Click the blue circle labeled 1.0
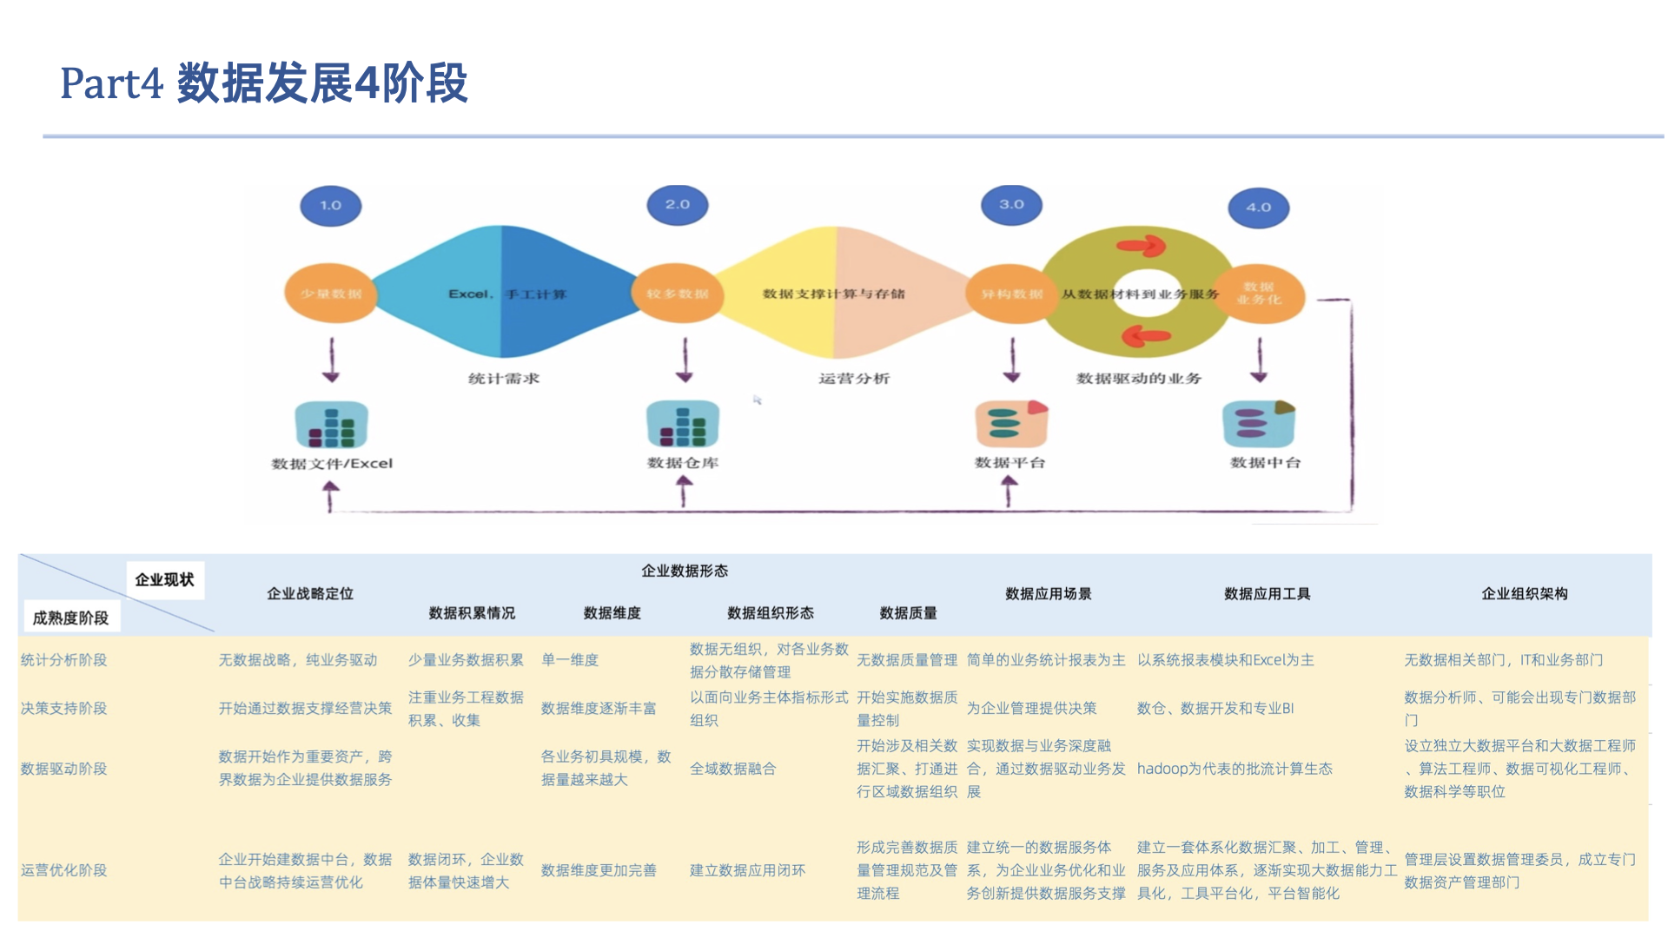pos(330,206)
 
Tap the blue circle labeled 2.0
pos(678,205)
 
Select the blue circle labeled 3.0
pos(1011,205)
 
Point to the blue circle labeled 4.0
pos(1258,208)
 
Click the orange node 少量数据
pos(330,294)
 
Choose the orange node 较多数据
pos(678,294)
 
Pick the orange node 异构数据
pos(1011,294)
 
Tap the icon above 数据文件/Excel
pos(331,425)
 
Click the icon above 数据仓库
pos(683,424)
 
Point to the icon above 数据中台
pos(1258,424)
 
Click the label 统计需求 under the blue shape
pos(504,379)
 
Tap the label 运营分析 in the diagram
pos(854,379)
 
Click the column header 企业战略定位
pos(310,594)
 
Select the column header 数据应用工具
pos(1267,594)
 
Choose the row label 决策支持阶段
pos(64,709)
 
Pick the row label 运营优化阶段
pos(64,870)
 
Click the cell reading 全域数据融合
pos(732,769)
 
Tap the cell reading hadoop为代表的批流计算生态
pos(1234,769)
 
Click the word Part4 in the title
pos(111,83)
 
